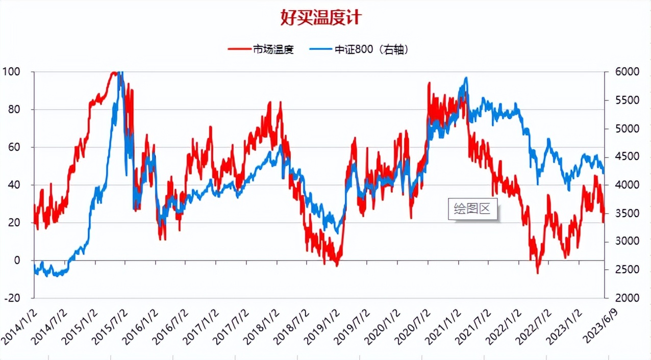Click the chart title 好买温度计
tap(321, 18)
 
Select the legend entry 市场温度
tap(273, 49)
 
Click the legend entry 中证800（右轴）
tap(372, 49)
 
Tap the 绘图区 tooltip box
tap(472, 209)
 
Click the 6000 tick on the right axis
tap(621, 72)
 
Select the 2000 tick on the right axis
tap(621, 298)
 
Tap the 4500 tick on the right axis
tap(621, 157)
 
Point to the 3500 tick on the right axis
tap(621, 213)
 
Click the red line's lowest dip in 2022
tap(537, 273)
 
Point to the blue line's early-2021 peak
tap(466, 78)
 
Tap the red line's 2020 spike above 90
tap(429, 83)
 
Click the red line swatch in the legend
tap(239, 49)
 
